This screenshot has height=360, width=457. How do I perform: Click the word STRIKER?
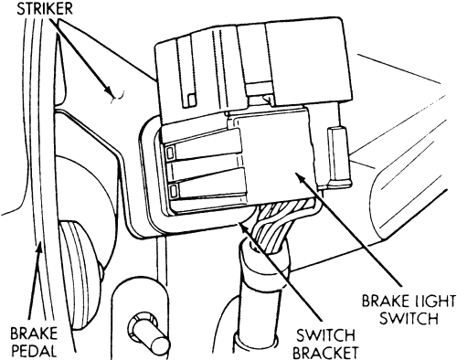click(45, 9)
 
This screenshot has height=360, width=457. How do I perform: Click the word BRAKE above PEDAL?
click(34, 334)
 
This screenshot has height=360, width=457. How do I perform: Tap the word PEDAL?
click(34, 351)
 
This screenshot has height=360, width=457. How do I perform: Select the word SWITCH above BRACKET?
click(325, 335)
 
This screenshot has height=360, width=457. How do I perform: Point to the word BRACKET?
click(325, 353)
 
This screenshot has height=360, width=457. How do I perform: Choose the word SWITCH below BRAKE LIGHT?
click(409, 318)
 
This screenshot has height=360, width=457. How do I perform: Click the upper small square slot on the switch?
click(170, 152)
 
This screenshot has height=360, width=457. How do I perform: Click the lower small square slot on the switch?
click(174, 192)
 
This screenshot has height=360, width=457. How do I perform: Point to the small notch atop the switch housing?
click(268, 99)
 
